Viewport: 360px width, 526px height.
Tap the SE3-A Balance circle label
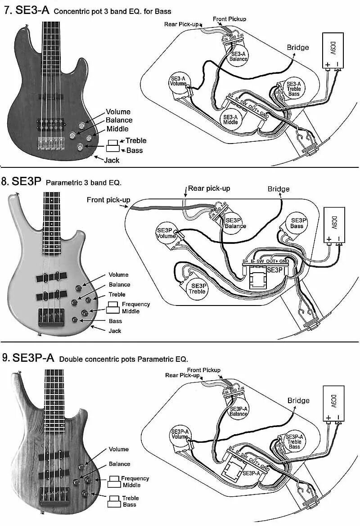238,56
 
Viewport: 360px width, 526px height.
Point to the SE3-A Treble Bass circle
294,89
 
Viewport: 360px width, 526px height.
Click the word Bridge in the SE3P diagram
279,189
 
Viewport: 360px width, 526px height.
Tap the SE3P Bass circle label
297,223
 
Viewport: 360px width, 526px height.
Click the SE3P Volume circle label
166,233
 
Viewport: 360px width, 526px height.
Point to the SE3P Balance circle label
235,223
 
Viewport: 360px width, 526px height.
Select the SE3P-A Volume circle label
180,434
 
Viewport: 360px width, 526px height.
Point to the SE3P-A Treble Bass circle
295,442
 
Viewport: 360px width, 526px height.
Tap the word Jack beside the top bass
111,160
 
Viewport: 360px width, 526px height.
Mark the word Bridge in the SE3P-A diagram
298,400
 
